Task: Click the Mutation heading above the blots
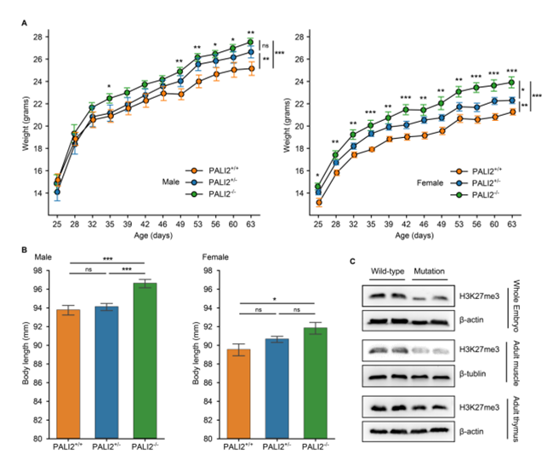coord(433,272)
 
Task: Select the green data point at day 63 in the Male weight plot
coord(250,42)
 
